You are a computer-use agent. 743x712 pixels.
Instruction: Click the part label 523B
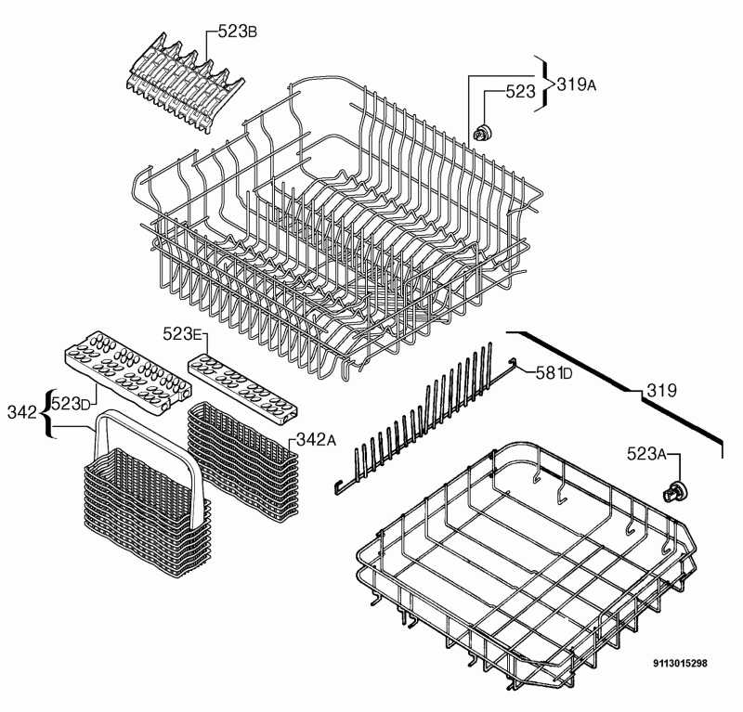click(238, 32)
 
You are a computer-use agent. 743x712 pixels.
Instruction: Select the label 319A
click(576, 84)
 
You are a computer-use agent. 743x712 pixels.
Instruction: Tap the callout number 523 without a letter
click(520, 91)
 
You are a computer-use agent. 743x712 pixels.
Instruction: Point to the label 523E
click(182, 334)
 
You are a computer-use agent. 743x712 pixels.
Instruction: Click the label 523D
click(71, 404)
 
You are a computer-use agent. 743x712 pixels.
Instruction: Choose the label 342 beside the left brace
click(21, 412)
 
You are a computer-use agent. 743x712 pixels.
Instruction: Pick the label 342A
click(316, 440)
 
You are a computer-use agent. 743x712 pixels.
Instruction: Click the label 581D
click(554, 373)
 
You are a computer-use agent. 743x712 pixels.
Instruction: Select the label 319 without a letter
click(661, 390)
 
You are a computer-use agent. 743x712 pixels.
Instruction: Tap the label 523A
click(646, 454)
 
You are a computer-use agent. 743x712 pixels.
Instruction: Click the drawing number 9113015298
click(681, 663)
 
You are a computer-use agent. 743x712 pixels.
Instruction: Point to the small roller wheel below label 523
click(482, 132)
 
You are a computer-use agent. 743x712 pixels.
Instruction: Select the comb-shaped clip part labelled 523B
click(185, 84)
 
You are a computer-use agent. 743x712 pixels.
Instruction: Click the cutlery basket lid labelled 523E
click(243, 387)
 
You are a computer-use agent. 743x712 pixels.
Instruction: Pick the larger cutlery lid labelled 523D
click(128, 370)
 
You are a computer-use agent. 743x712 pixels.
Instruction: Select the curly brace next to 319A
click(546, 84)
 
